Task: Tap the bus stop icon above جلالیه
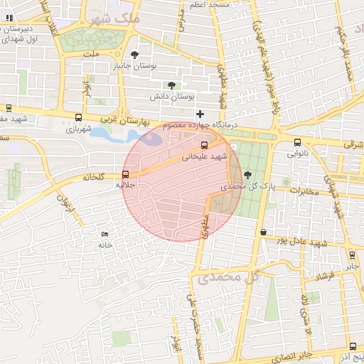tap(126, 174)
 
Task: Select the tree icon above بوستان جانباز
tap(136, 55)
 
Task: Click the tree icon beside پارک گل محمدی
tap(247, 175)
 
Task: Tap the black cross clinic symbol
tap(200, 114)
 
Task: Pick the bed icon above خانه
tap(105, 234)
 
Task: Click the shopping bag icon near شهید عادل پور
tap(263, 232)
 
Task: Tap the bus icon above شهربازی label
tap(78, 119)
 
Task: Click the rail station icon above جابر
tap(352, 255)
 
